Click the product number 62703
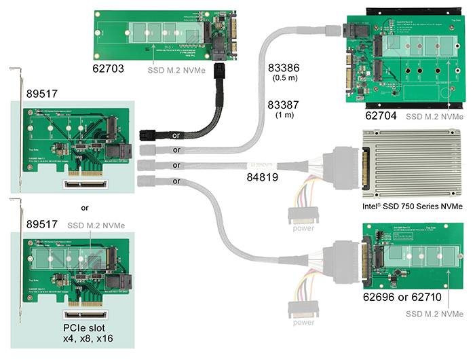111,69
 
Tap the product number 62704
380,116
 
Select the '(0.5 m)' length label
284,80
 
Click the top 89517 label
41,92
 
